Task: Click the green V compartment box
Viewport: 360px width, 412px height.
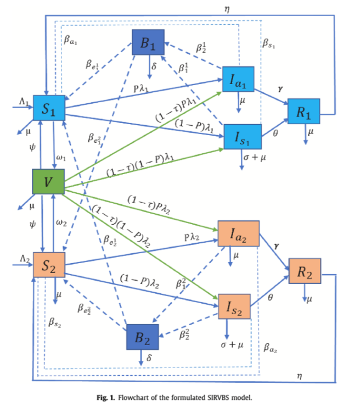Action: click(49, 182)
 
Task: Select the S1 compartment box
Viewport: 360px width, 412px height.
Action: click(49, 108)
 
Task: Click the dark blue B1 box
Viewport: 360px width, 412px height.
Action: click(148, 43)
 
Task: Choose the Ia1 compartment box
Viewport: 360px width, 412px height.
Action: click(238, 80)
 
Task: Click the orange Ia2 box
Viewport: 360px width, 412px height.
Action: click(234, 234)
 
